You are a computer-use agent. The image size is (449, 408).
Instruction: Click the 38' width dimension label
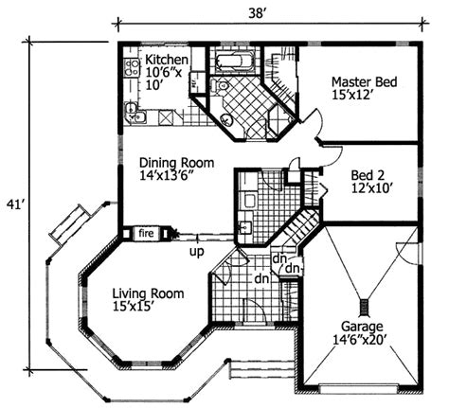(256, 13)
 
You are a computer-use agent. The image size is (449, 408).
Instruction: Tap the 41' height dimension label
(15, 205)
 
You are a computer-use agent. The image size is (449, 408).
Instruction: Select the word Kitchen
(167, 60)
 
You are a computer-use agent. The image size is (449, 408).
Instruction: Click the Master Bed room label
(364, 82)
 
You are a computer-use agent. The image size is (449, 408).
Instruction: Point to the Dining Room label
(177, 163)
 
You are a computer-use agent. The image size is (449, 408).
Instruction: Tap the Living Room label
(148, 293)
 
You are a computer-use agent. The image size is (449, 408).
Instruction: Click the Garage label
(362, 327)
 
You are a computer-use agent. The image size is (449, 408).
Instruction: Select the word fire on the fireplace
(146, 233)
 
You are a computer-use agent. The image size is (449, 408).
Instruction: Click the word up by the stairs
(197, 252)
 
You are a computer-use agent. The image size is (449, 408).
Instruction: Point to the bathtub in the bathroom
(234, 62)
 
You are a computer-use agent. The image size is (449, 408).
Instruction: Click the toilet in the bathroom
(221, 85)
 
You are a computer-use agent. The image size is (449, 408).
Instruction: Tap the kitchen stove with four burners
(132, 68)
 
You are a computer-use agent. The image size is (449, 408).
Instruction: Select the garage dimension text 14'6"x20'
(360, 340)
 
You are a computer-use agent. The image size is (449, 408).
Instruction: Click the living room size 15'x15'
(133, 306)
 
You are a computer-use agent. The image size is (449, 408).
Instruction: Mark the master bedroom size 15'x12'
(350, 95)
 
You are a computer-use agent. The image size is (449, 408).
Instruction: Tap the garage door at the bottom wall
(358, 388)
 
